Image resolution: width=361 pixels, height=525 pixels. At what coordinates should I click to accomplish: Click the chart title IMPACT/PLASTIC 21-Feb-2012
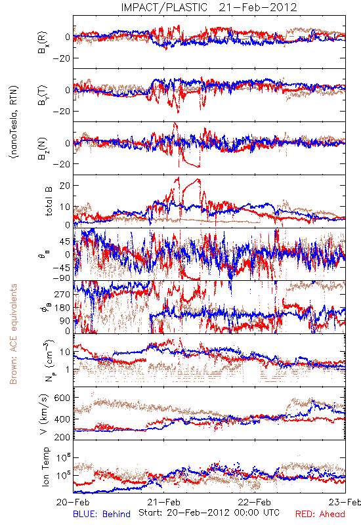pos(209,7)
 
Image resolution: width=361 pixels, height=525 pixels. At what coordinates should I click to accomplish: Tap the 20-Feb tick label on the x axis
pos(73,502)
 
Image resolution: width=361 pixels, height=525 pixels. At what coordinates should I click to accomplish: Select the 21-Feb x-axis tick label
pos(163,502)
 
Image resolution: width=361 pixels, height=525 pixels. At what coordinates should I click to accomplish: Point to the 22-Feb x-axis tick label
pos(255,502)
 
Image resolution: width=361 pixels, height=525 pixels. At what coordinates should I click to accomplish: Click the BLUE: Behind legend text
pos(102,514)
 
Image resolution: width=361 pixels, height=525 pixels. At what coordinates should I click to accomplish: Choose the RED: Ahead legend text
pos(320,514)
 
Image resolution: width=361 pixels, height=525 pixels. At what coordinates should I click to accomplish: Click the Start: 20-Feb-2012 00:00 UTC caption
pos(209,513)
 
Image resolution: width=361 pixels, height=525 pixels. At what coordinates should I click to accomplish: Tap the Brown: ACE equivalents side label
pos(13,334)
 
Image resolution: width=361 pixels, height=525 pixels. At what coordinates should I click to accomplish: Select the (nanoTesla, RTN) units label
pos(14,122)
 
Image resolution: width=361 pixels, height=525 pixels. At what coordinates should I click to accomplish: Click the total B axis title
pos(49,201)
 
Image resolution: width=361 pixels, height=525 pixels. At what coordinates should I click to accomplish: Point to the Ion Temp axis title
pos(45,467)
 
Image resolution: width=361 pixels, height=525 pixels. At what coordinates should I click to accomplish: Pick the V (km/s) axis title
pos(45,414)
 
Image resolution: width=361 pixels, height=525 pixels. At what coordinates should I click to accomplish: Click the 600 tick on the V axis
pos(62,398)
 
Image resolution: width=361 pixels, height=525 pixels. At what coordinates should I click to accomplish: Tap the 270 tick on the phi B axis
pos(62,294)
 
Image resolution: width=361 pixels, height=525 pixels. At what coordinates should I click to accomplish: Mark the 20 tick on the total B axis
pos(65,186)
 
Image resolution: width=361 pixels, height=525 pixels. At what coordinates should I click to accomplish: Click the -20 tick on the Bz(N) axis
pos(61,164)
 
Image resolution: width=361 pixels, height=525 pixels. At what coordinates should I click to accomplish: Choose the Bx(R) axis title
pos(43,42)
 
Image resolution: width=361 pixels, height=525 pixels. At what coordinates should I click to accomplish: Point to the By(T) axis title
pos(43,95)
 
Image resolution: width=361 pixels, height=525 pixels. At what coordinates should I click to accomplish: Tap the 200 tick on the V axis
pos(62,437)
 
